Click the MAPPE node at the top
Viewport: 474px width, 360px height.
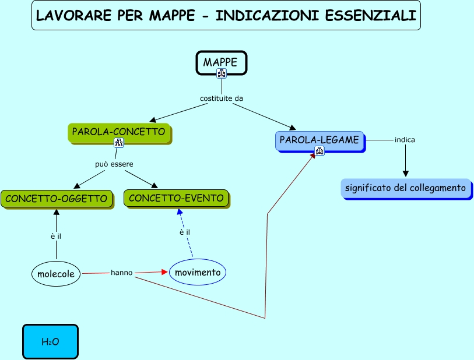click(x=221, y=62)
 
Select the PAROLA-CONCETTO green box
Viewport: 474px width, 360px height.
click(x=118, y=132)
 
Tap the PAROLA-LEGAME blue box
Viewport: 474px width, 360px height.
click(x=319, y=140)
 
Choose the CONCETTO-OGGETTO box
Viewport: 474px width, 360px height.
click(x=56, y=199)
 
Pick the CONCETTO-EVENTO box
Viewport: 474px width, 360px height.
click(x=176, y=198)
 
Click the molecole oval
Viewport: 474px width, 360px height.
click(x=56, y=274)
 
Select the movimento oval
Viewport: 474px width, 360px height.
click(x=198, y=272)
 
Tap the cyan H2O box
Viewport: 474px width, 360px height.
click(x=50, y=341)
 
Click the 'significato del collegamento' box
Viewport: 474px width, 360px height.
click(x=405, y=188)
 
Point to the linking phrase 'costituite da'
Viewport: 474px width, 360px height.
click(x=221, y=98)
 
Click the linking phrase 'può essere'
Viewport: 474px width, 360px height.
click(x=114, y=164)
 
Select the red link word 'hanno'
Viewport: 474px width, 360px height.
click(x=121, y=272)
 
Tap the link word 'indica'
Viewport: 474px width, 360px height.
click(x=405, y=140)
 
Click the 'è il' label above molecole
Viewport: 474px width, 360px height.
click(x=56, y=236)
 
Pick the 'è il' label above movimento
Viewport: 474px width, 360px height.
click(x=185, y=232)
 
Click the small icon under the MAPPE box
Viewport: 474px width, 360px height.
click(x=222, y=73)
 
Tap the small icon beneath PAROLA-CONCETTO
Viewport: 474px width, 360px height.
click(x=118, y=143)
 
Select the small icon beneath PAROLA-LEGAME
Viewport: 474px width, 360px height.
click(x=319, y=151)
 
